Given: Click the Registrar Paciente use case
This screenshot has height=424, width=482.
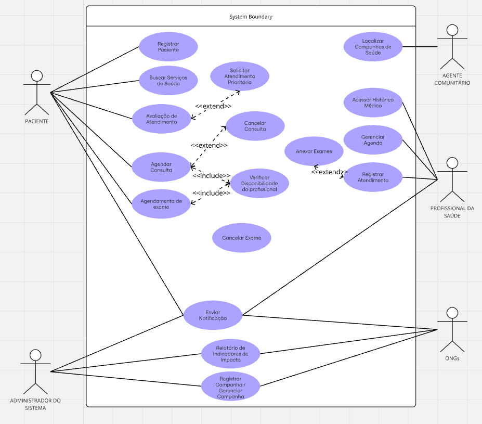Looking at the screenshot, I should click(x=168, y=47).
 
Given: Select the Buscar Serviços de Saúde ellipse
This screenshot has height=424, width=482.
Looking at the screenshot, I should click(x=168, y=81).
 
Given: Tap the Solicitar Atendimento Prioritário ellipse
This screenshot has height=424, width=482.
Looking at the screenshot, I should click(x=240, y=76).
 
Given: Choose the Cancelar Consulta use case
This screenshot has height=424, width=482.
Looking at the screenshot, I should click(x=255, y=126).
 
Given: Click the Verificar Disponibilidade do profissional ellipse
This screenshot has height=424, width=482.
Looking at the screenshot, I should click(x=259, y=184).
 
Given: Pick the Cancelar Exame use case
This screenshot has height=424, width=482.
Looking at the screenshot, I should click(x=241, y=238).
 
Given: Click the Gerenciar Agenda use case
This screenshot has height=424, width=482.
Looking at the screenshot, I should click(x=372, y=139).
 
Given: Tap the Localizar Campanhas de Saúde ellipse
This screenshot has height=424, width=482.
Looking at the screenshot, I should click(x=372, y=47).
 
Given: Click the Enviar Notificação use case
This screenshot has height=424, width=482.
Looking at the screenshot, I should click(x=213, y=315).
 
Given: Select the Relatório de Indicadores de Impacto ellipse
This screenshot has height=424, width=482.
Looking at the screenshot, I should click(x=230, y=353).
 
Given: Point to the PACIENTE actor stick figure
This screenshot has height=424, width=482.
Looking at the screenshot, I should click(x=36, y=92).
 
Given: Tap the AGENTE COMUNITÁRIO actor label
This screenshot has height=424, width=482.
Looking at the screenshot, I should click(x=452, y=79).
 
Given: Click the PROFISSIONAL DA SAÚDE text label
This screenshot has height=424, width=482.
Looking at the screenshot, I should click(x=452, y=212).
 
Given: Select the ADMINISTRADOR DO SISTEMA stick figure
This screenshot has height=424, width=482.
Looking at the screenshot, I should click(x=35, y=371).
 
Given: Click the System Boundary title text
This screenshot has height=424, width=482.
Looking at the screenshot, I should click(x=251, y=17).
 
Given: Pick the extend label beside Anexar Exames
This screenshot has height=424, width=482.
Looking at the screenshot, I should click(x=329, y=172).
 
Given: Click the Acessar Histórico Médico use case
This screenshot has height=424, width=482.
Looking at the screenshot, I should click(x=372, y=102).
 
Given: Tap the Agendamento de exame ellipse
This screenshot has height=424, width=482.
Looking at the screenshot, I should click(x=161, y=203).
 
